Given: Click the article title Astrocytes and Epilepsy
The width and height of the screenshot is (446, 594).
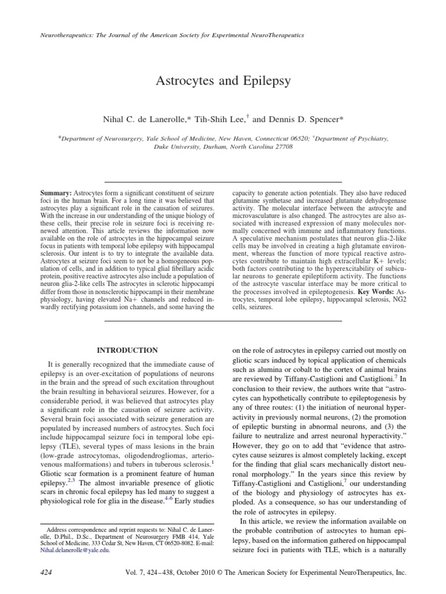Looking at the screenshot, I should [x=223, y=81].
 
